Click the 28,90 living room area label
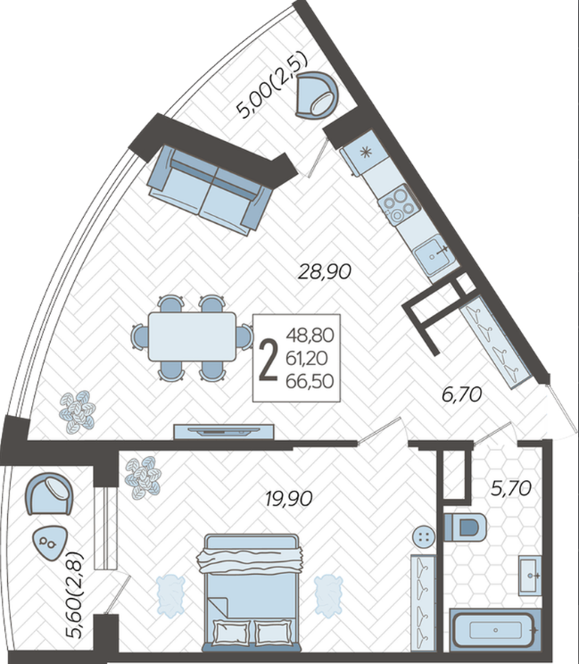pos(325,271)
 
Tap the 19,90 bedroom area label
pos(289,498)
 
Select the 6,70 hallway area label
pos(462,394)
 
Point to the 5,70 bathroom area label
pos(511,489)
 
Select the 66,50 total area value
pos(310,382)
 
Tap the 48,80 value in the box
pos(310,336)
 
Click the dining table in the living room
pos(192,336)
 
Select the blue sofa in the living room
pos(210,190)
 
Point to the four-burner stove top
pos(399,206)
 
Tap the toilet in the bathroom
pos(465,527)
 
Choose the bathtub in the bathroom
pos(495,630)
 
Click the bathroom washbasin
pos(530,576)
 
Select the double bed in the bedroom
pos(252,593)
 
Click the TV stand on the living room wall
pos(224,431)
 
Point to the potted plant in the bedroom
pos(143,477)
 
